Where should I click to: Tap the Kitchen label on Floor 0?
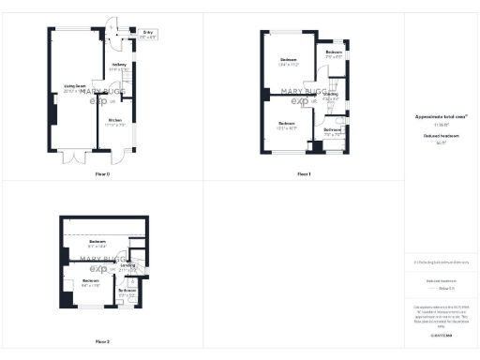(x=113, y=123)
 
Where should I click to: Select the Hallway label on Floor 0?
(x=119, y=67)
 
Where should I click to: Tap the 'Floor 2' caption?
(x=102, y=341)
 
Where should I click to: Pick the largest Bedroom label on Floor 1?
(x=288, y=63)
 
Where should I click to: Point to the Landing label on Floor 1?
(x=331, y=95)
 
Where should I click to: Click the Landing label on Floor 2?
(x=127, y=267)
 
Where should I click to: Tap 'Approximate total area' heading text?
(x=440, y=118)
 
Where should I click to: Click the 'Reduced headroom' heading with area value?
(x=440, y=139)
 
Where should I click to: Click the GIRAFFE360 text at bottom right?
(x=440, y=335)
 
